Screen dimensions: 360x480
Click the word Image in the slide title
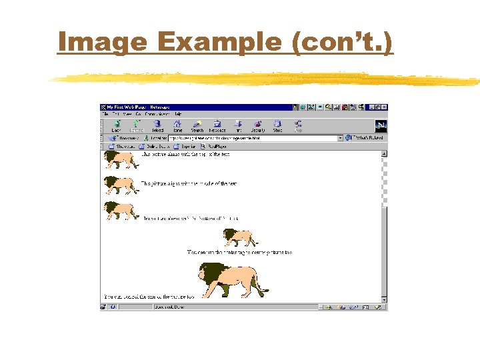click(x=102, y=42)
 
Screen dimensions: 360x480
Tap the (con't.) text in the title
click(x=342, y=42)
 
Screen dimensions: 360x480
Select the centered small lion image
click(x=239, y=237)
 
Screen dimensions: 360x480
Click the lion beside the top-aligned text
click(x=121, y=159)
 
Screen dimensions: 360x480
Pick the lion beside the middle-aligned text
click(x=121, y=184)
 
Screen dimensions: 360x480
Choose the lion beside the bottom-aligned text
click(x=121, y=210)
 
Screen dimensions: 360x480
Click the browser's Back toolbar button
click(x=116, y=125)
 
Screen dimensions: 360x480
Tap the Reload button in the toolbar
click(x=157, y=125)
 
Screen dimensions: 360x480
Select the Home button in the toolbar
click(x=177, y=125)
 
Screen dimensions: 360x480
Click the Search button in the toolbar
click(x=197, y=125)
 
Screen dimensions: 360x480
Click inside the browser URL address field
click(x=253, y=138)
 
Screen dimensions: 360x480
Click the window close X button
click(x=383, y=107)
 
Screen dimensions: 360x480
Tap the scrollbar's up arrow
click(x=383, y=153)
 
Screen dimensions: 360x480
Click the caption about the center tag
click(x=239, y=253)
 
